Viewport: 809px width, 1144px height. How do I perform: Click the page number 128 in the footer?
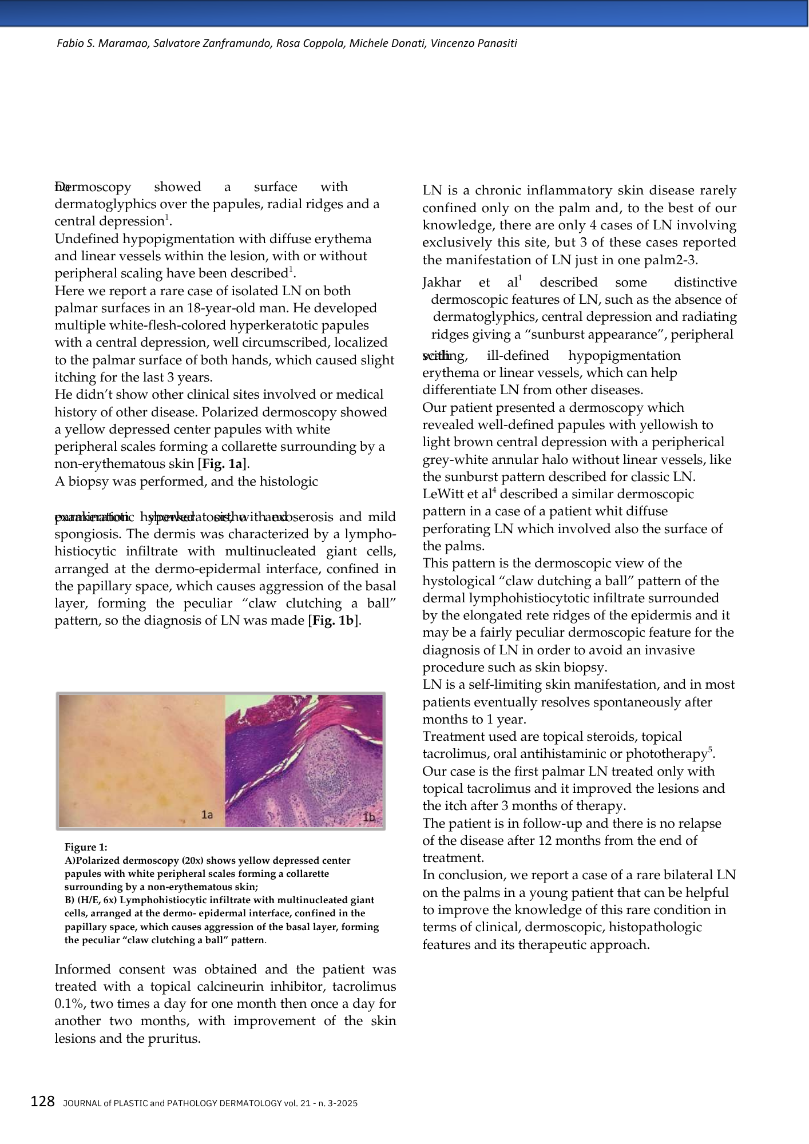coord(42,1101)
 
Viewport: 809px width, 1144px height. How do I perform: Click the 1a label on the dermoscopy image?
coord(207,815)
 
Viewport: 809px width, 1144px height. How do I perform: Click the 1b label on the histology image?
coord(370,817)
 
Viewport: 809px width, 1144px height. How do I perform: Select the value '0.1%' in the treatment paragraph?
coord(69,1004)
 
